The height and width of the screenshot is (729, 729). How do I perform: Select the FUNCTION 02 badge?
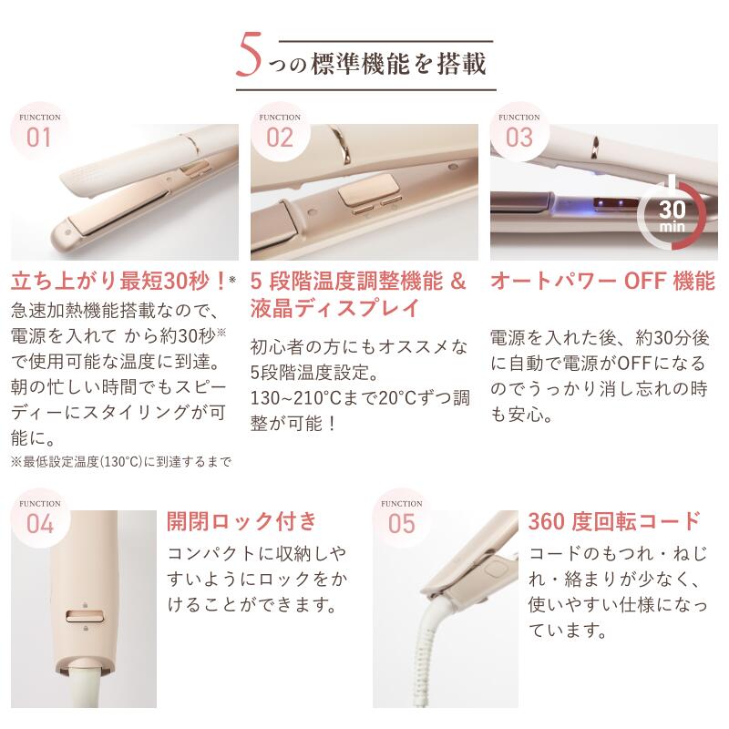(x=279, y=134)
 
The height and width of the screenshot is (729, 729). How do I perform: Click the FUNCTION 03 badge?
(x=519, y=134)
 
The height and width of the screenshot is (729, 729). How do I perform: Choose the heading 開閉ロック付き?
(x=241, y=521)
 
